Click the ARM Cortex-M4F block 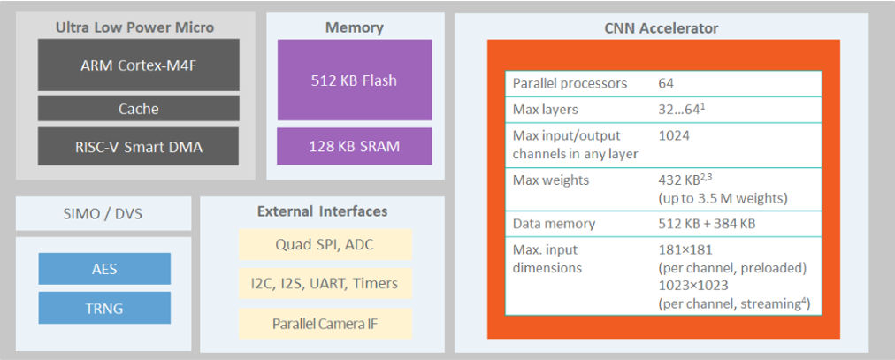click(x=139, y=65)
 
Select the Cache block click(x=139, y=109)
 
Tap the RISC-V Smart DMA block click(x=139, y=147)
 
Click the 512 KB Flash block click(x=354, y=80)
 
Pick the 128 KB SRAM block click(x=354, y=146)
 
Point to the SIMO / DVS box click(x=103, y=213)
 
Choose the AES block click(x=104, y=269)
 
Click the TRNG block click(x=104, y=308)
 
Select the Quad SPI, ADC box click(x=325, y=245)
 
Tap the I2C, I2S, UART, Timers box click(x=325, y=283)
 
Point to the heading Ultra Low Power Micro click(x=134, y=27)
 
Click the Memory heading click(x=354, y=27)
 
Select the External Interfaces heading click(x=322, y=211)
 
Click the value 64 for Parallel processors click(x=666, y=83)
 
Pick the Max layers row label click(x=546, y=110)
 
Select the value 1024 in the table click(x=674, y=136)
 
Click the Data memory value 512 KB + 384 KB click(x=707, y=225)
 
